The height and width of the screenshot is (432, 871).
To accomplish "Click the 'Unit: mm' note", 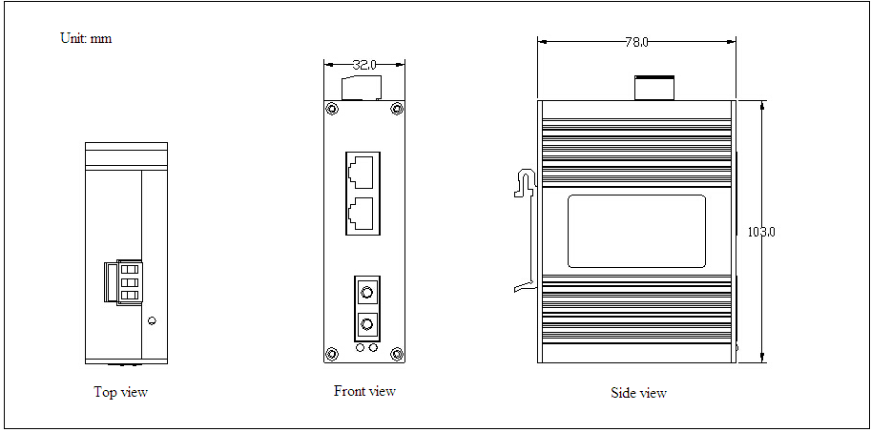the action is point(86,39).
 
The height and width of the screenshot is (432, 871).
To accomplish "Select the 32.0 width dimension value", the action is point(364,65).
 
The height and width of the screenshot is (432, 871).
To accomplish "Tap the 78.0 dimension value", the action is point(636,42).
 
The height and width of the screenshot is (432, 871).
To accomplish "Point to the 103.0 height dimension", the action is point(761,232).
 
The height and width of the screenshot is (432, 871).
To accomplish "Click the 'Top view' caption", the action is point(121,392).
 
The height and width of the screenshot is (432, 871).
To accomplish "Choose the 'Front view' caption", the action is point(364,391).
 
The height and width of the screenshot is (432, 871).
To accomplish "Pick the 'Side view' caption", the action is point(639,393).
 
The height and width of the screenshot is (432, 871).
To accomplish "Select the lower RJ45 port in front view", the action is point(363,215).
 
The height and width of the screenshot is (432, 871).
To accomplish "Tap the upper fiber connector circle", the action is point(366,292).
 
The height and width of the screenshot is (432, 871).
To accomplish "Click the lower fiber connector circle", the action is point(366,323).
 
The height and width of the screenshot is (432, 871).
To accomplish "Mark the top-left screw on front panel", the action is point(332,109).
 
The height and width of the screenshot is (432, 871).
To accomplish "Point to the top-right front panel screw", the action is point(397,109).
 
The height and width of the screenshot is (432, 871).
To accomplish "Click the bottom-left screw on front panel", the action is point(332,354).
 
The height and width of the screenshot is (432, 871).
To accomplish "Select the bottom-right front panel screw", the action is point(397,354).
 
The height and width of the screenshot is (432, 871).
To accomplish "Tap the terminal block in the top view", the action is point(123,282).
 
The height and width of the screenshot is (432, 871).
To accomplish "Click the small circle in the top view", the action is point(153,320).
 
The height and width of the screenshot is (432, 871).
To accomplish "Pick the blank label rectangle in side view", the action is point(636,231).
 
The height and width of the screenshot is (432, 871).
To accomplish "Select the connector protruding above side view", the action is point(654,88).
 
